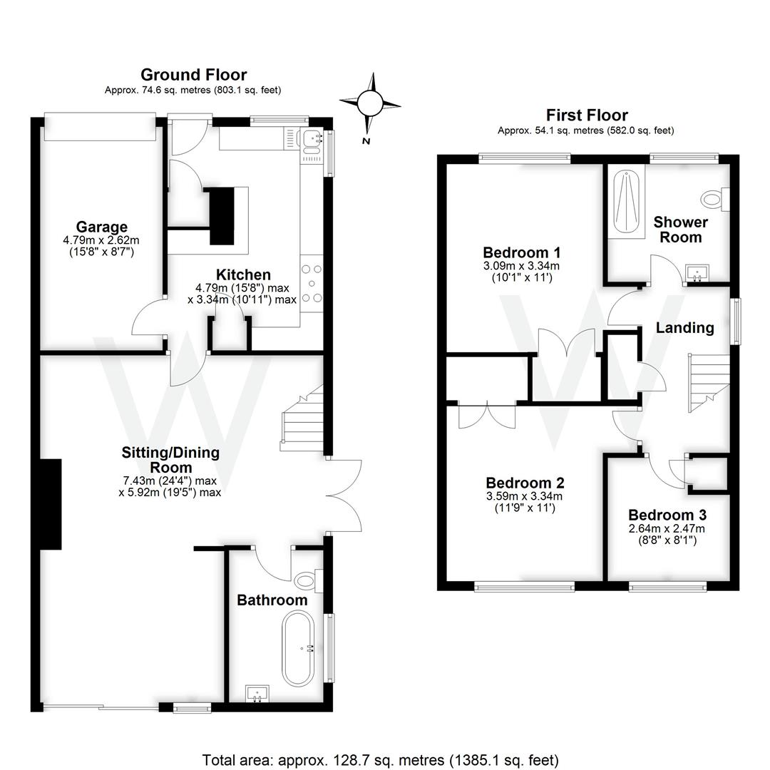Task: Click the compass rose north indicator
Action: point(370,105)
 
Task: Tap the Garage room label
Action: point(103,227)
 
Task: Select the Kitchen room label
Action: point(243,274)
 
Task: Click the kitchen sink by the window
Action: point(312,141)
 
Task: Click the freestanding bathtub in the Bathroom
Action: point(297,648)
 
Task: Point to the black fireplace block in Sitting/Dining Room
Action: point(51,504)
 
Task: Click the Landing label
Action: point(684,328)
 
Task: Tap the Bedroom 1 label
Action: point(522,252)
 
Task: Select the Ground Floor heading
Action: point(193,75)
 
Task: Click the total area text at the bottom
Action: point(380,759)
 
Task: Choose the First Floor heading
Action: point(586,115)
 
